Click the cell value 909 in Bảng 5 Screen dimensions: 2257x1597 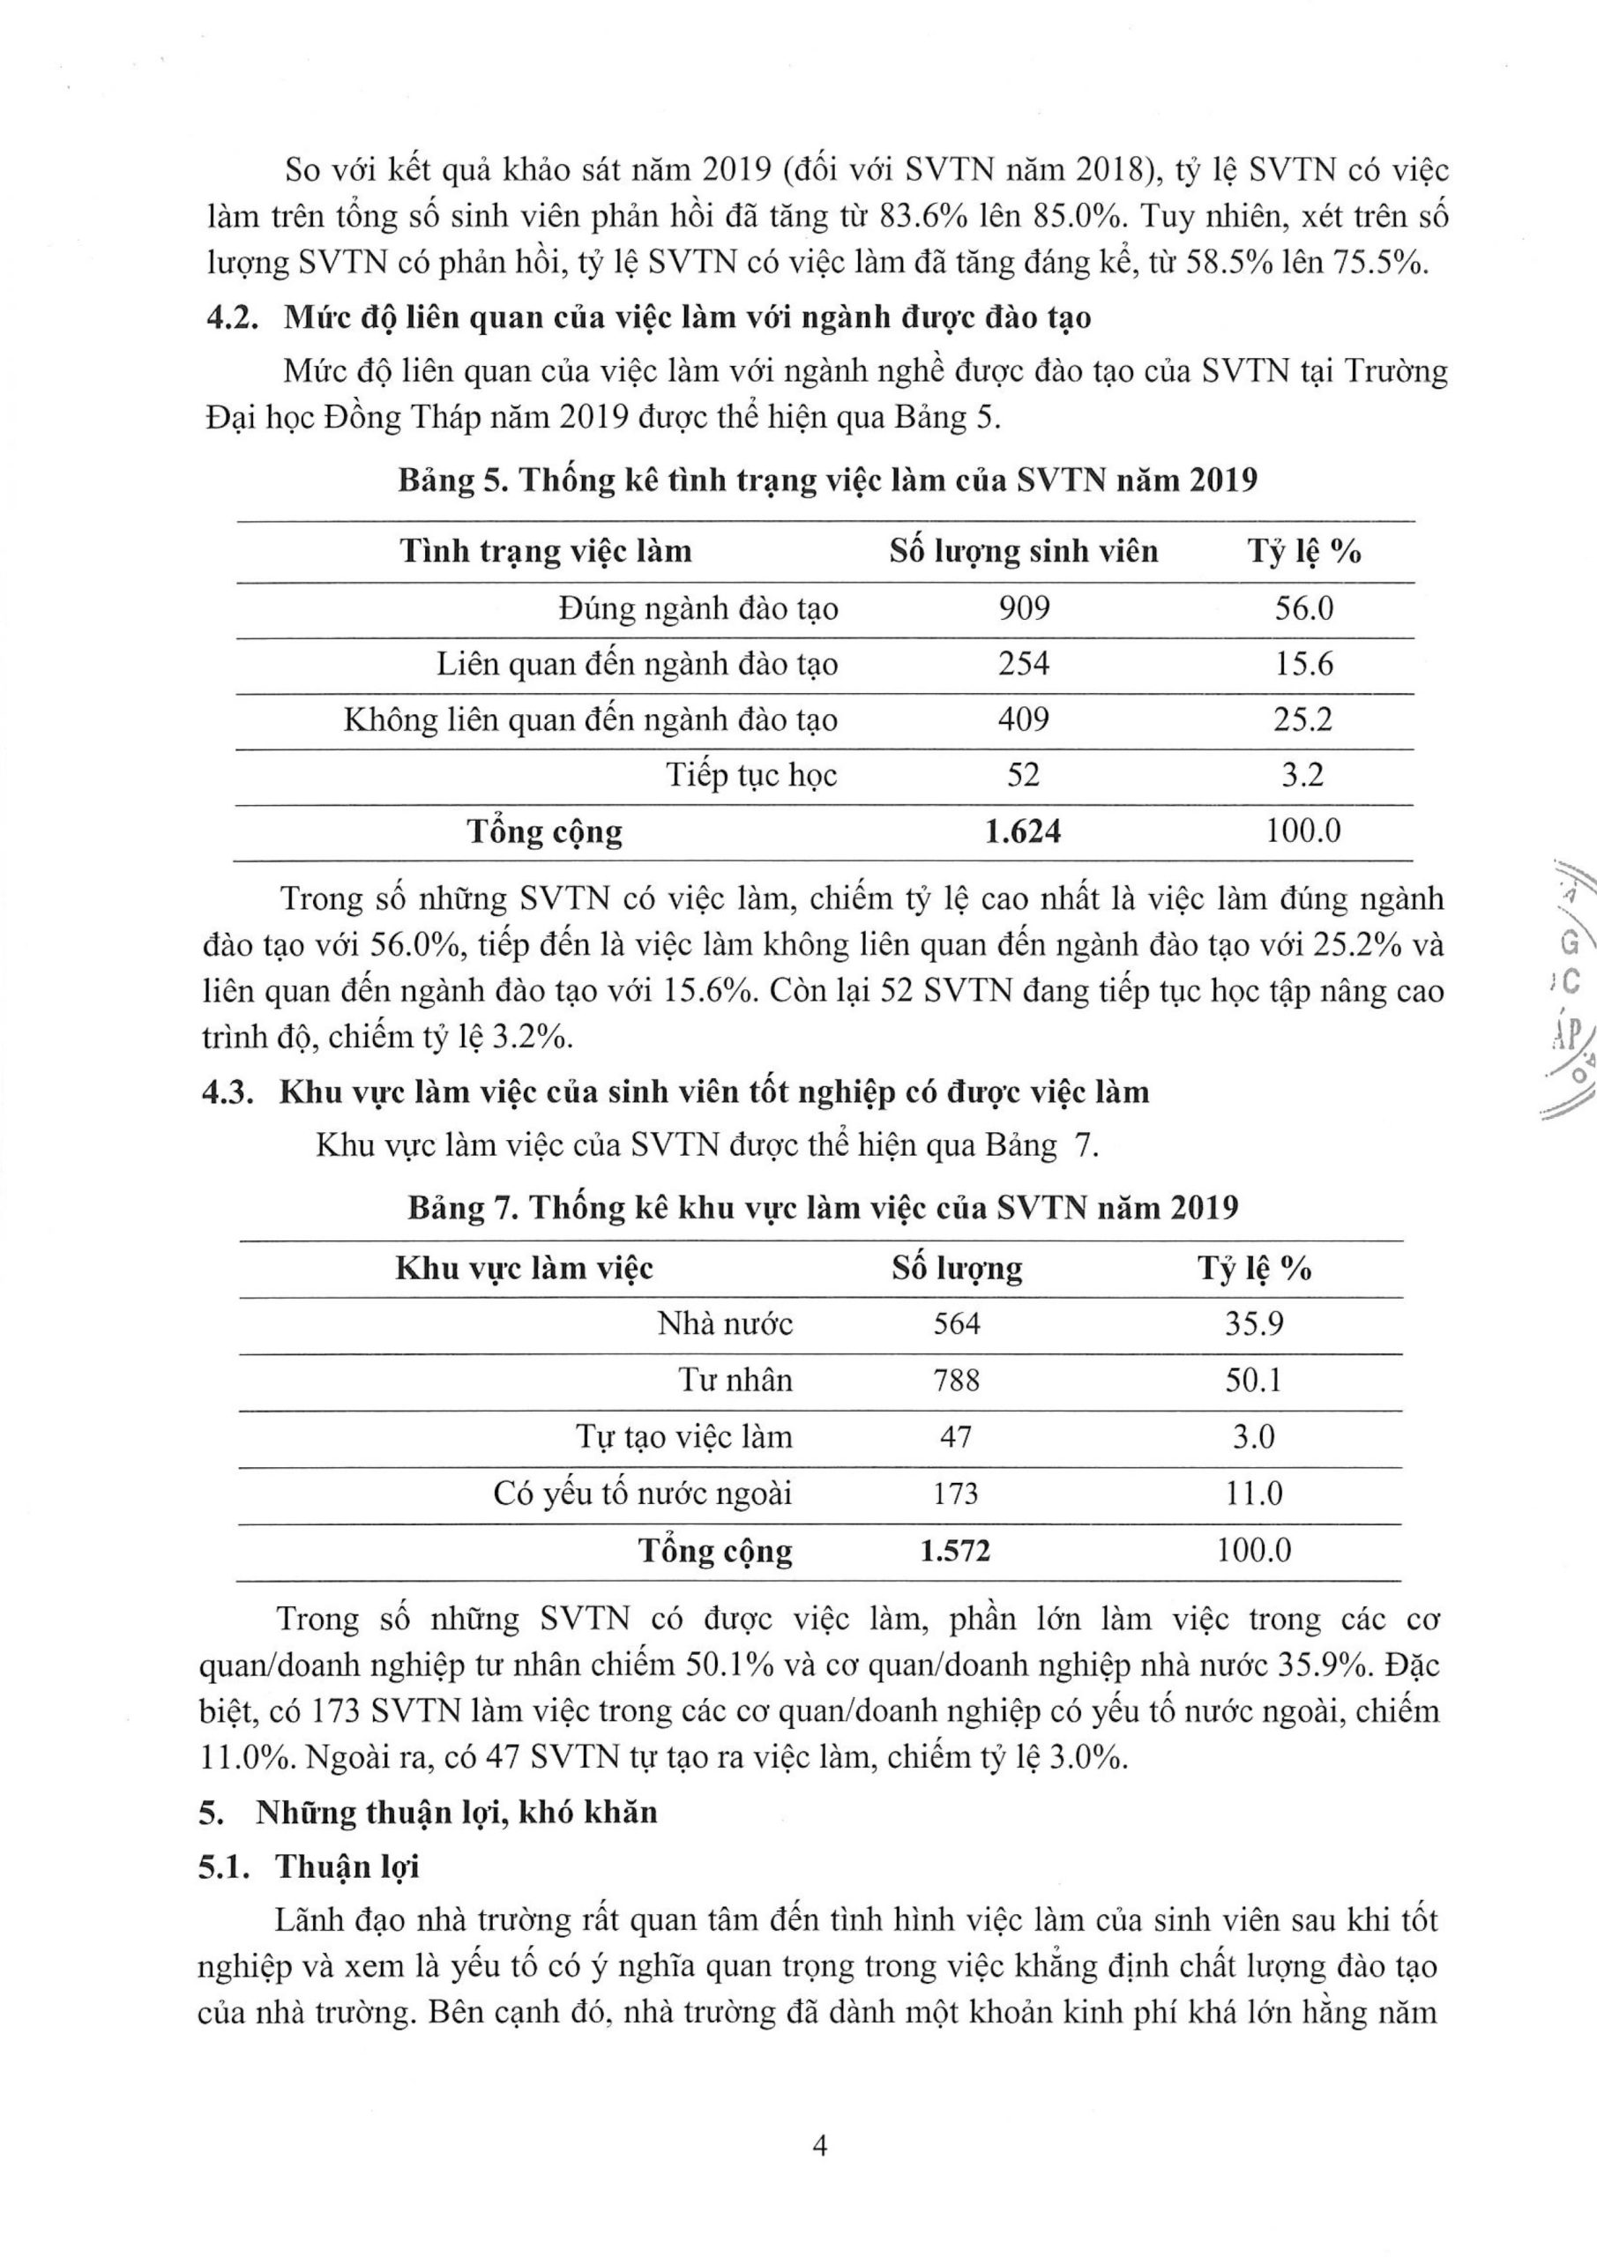(1024, 608)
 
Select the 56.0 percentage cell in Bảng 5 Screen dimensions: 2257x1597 (1304, 608)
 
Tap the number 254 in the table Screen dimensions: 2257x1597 (1024, 664)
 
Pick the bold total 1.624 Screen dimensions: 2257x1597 (1023, 831)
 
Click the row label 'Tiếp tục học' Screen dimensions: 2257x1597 (752, 776)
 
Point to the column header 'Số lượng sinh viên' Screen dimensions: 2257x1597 (1024, 550)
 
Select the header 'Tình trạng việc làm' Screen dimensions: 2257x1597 (546, 550)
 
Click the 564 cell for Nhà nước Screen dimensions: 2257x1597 (957, 1323)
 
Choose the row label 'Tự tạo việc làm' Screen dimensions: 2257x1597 (684, 1437)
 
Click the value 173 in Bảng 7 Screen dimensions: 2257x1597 (956, 1494)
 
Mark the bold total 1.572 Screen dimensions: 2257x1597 (956, 1551)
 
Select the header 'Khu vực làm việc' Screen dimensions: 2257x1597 (524, 1268)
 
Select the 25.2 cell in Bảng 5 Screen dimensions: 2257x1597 (1304, 719)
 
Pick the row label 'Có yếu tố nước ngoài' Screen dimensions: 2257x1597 (642, 1494)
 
